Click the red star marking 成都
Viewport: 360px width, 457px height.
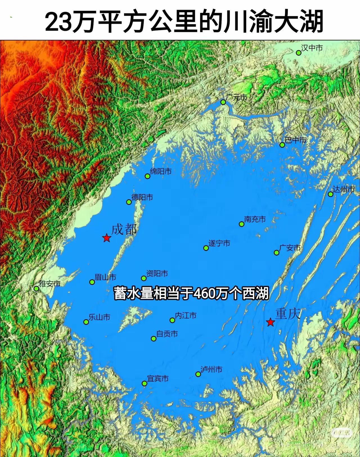pos(107,238)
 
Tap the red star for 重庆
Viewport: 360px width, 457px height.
pos(270,322)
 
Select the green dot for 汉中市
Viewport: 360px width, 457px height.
pos(299,53)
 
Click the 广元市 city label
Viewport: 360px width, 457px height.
pos(237,97)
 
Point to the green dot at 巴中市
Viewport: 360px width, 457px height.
pos(282,145)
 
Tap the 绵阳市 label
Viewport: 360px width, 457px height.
pos(161,171)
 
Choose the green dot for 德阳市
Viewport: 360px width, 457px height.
pos(129,202)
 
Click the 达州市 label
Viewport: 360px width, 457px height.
pos(344,189)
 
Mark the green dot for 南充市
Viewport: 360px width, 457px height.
pos(241,224)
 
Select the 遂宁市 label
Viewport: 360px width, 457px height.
pos(219,243)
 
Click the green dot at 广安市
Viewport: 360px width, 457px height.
pos(276,253)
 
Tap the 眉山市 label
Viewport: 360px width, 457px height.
pos(105,277)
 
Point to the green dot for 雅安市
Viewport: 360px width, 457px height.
pos(36,288)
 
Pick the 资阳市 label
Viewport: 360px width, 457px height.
pos(157,273)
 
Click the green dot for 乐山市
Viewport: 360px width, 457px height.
pos(86,322)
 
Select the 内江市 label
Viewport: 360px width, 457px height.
pos(186,316)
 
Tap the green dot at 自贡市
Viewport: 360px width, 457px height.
pos(154,339)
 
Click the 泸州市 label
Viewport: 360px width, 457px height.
pos(211,369)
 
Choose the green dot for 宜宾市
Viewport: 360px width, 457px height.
pos(144,384)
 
